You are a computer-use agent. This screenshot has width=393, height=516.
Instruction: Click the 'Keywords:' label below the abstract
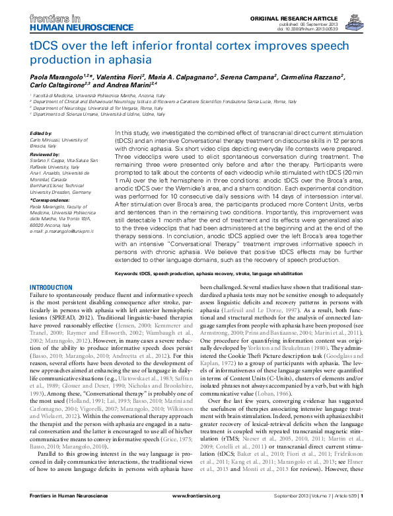point(129,273)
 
